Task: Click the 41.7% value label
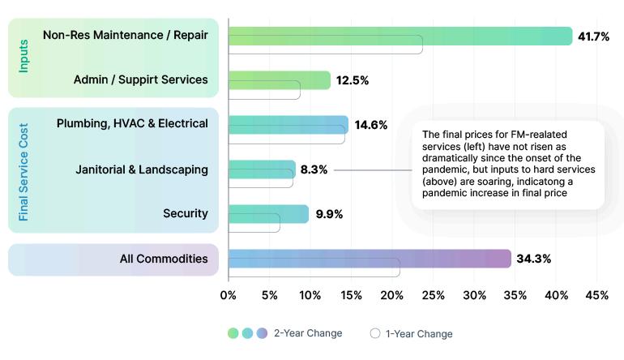(x=593, y=36)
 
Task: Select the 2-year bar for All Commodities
(x=370, y=259)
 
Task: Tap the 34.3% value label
(x=535, y=259)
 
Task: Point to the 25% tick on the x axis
(x=433, y=295)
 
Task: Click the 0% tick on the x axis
(x=229, y=295)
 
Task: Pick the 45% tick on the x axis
(x=596, y=295)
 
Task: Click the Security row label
(x=186, y=214)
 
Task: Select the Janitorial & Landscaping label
(x=142, y=169)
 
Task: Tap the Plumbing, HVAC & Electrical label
(x=132, y=123)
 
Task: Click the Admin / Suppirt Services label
(x=140, y=79)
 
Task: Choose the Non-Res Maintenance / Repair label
(x=126, y=35)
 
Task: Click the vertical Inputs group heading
(x=24, y=57)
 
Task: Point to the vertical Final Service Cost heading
(x=24, y=171)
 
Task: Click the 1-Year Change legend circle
(x=374, y=333)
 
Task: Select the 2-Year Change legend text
(x=308, y=333)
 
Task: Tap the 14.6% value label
(x=371, y=125)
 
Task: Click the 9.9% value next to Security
(x=329, y=214)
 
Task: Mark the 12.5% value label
(x=353, y=80)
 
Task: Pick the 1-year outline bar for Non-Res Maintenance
(x=325, y=45)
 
